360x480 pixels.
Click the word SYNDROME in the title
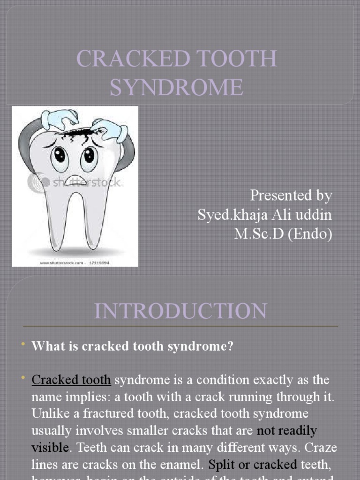pos(177,87)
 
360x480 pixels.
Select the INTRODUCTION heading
pos(180,311)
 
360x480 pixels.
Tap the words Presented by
pos(291,195)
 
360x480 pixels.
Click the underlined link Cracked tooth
pos(71,380)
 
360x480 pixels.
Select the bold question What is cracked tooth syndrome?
pos(132,347)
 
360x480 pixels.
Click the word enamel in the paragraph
pos(180,465)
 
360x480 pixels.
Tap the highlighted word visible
pos(50,447)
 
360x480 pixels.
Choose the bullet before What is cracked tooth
pos(22,346)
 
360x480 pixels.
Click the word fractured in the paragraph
pos(88,413)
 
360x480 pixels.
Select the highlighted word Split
pos(221,465)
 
